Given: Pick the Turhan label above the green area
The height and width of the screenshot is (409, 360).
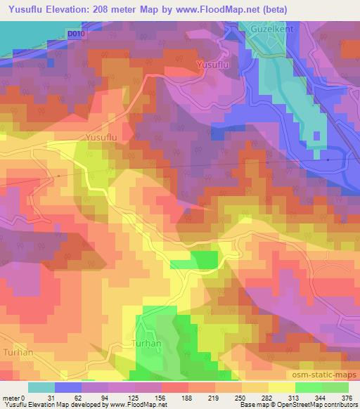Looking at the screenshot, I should [147, 344].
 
